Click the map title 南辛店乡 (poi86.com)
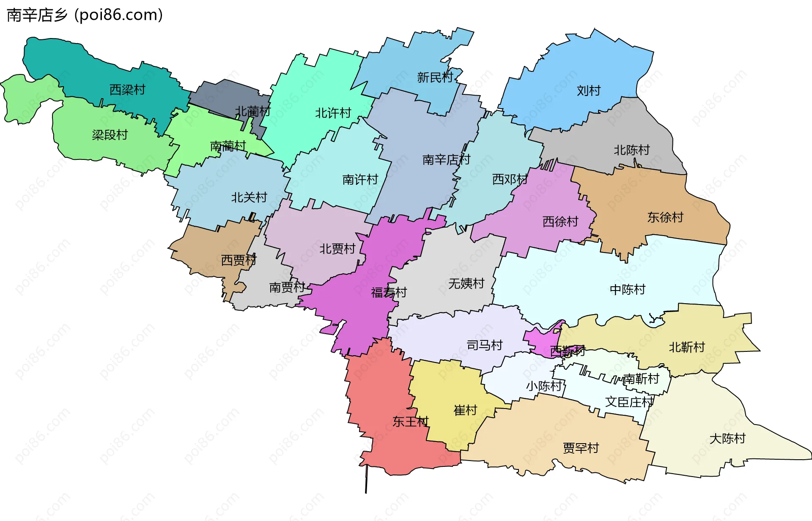pyautogui.click(x=85, y=15)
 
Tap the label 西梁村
pyautogui.click(x=127, y=90)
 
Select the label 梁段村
pyautogui.click(x=110, y=135)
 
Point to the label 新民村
pyautogui.click(x=434, y=77)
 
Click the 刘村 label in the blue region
pyautogui.click(x=588, y=90)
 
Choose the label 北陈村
pyautogui.click(x=631, y=150)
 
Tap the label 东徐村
pyautogui.click(x=665, y=217)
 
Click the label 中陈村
pyautogui.click(x=627, y=290)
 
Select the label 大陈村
pyautogui.click(x=727, y=439)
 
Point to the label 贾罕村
pyautogui.click(x=581, y=448)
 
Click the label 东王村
pyautogui.click(x=410, y=422)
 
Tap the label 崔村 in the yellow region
pyautogui.click(x=465, y=410)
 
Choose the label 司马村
pyautogui.click(x=484, y=346)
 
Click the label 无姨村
pyautogui.click(x=466, y=283)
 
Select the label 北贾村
pyautogui.click(x=337, y=249)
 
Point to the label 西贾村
pyautogui.click(x=239, y=260)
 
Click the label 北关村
pyautogui.click(x=249, y=197)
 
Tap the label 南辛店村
pyautogui.click(x=446, y=160)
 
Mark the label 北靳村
pyautogui.click(x=686, y=347)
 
